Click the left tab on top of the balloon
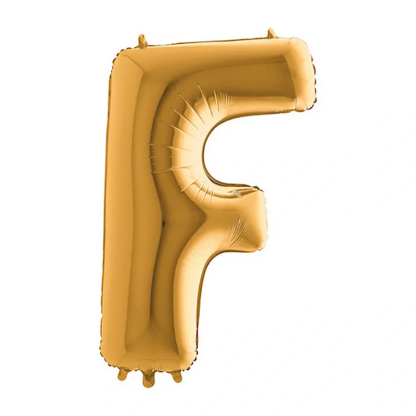click(142, 42)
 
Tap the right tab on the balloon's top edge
click(271, 34)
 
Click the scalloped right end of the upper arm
click(313, 77)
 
